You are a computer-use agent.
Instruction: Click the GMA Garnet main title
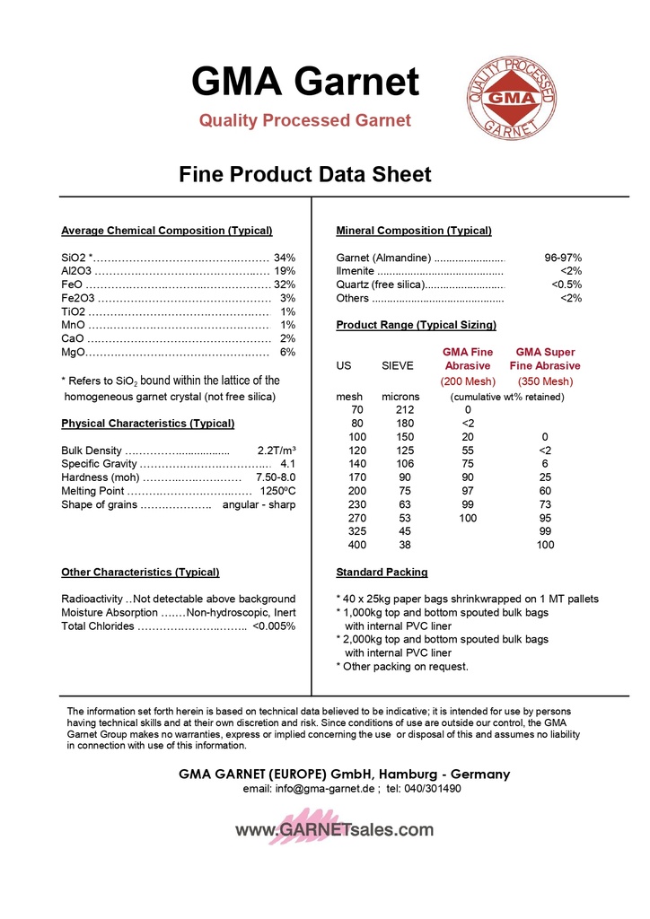pos(305,83)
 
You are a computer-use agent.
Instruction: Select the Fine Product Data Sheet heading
pos(305,174)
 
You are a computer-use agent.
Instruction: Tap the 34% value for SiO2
pos(285,258)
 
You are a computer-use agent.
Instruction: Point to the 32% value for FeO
pos(285,284)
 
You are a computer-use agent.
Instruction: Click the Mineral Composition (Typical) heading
pos(413,231)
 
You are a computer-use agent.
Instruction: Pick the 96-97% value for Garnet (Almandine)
pos(563,258)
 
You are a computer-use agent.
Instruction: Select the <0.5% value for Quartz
pos(567,284)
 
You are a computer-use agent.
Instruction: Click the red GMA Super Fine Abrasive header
pos(545,359)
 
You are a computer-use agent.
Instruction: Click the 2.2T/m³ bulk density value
pos(277,451)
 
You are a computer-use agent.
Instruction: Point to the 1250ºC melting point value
pos(277,491)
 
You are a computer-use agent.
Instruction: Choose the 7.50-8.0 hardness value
pos(276,477)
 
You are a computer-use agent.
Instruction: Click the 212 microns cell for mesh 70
pos(405,410)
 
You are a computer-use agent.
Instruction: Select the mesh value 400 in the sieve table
pos(356,545)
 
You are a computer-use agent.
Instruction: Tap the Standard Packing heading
pos(382,572)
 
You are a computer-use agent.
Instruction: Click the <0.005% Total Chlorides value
pos(274,626)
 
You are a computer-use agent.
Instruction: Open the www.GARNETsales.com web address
pos(334,830)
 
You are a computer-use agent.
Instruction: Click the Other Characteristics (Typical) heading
pos(140,572)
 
